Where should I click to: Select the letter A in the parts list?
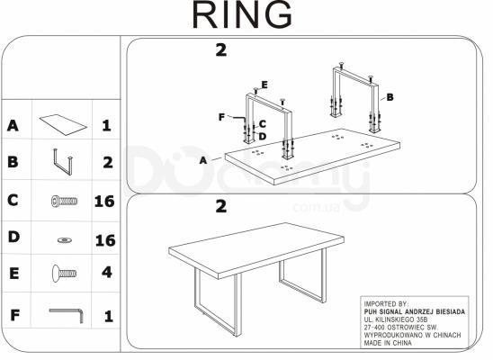click(13, 125)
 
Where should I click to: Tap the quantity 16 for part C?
click(104, 201)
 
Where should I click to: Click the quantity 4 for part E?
click(105, 273)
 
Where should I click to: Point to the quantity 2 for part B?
click(105, 163)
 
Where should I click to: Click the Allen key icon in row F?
click(66, 315)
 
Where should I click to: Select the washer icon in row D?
click(64, 239)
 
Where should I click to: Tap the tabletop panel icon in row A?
click(61, 121)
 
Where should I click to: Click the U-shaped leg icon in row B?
click(62, 162)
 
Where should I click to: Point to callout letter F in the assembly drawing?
click(220, 116)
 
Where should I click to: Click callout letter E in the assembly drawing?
click(264, 85)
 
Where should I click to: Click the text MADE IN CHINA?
click(390, 342)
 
